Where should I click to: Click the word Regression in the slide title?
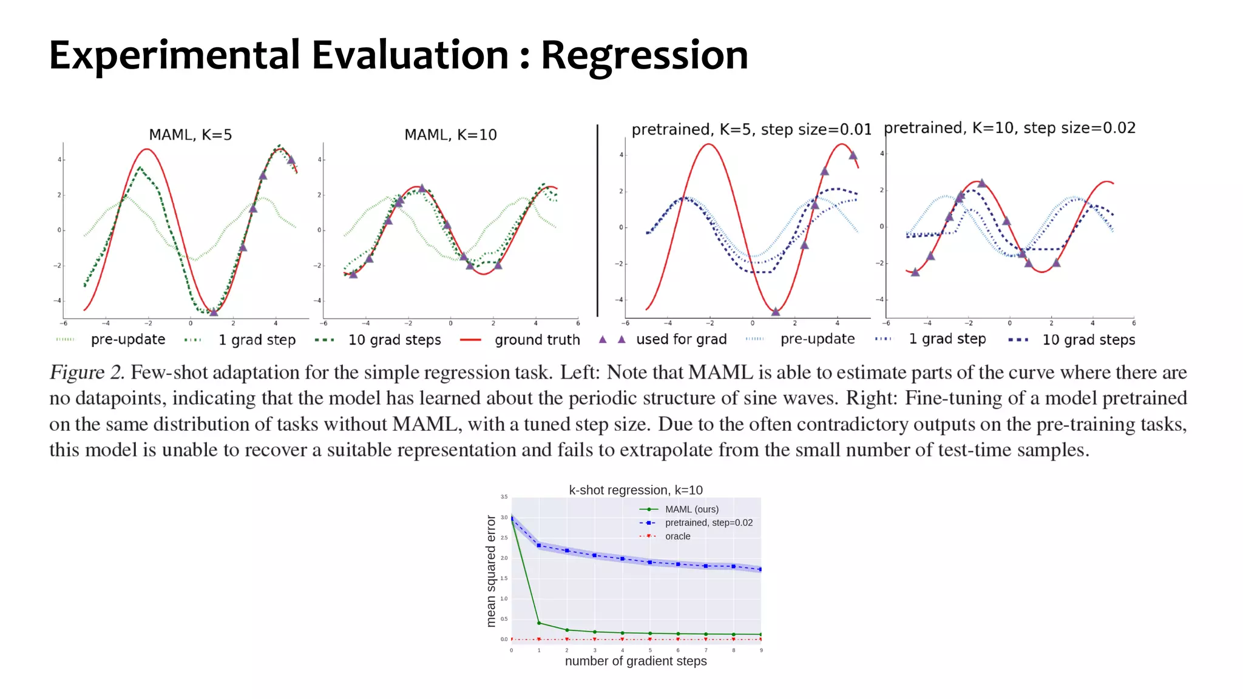point(644,56)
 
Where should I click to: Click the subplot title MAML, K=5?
point(191,135)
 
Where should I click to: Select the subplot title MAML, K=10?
point(450,135)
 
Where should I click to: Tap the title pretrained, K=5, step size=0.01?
point(751,129)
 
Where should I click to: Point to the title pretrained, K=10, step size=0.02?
point(1009,128)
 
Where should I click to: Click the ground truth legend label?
point(537,340)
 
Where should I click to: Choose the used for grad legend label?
point(681,339)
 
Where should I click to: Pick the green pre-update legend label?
point(128,339)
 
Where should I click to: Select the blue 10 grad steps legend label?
point(1088,340)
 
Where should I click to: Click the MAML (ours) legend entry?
point(691,509)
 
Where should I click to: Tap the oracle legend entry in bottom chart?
point(677,536)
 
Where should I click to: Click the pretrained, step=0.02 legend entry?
point(708,522)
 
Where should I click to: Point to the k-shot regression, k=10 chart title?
point(635,490)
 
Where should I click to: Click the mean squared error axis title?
point(491,570)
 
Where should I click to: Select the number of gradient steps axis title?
point(635,661)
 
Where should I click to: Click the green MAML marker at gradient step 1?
point(539,623)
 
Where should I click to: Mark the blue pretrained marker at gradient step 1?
point(539,545)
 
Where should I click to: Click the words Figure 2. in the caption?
point(87,373)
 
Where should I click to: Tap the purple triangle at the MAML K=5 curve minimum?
point(214,312)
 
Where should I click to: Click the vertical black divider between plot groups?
point(597,221)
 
